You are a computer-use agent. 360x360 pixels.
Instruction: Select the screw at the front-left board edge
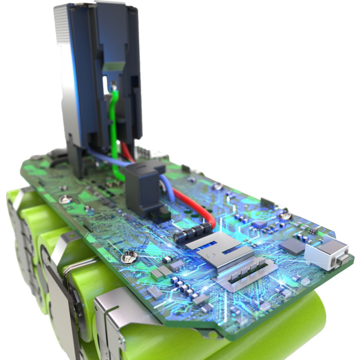point(127,257)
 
